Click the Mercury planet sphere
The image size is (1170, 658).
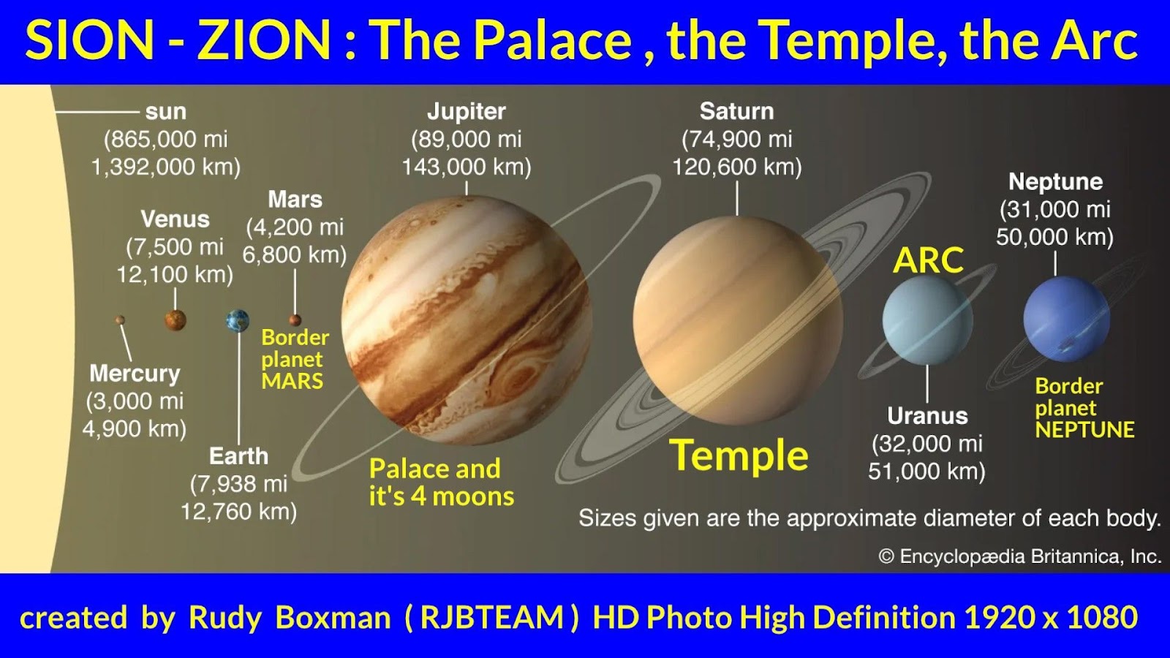click(120, 319)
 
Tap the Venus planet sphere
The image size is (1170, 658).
click(175, 320)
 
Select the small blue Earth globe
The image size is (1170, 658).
click(238, 321)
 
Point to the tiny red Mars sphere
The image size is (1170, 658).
click(295, 320)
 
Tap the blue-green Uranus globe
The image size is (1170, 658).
click(928, 320)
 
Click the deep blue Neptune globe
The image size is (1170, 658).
click(1067, 319)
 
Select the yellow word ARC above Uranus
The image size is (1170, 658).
click(928, 260)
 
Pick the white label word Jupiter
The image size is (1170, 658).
click(467, 112)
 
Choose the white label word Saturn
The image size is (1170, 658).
click(736, 111)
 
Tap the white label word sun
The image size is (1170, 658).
click(165, 112)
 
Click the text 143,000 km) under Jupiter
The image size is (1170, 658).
click(467, 167)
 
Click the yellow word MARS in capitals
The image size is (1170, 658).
click(292, 381)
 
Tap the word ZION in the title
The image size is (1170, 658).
click(264, 41)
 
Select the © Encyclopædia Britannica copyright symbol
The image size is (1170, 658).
click(886, 556)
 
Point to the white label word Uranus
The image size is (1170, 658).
click(927, 416)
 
